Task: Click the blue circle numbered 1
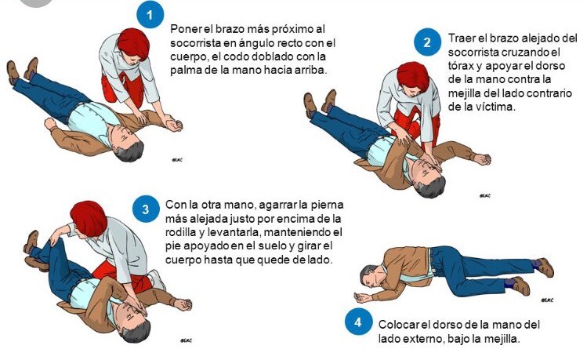click(150, 15)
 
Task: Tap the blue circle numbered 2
click(428, 42)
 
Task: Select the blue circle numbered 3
click(146, 209)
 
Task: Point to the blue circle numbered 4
click(358, 322)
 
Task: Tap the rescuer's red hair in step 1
click(134, 42)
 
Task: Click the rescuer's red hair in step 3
click(89, 218)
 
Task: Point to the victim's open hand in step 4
click(362, 297)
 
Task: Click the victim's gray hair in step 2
click(433, 188)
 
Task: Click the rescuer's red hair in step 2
click(413, 77)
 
